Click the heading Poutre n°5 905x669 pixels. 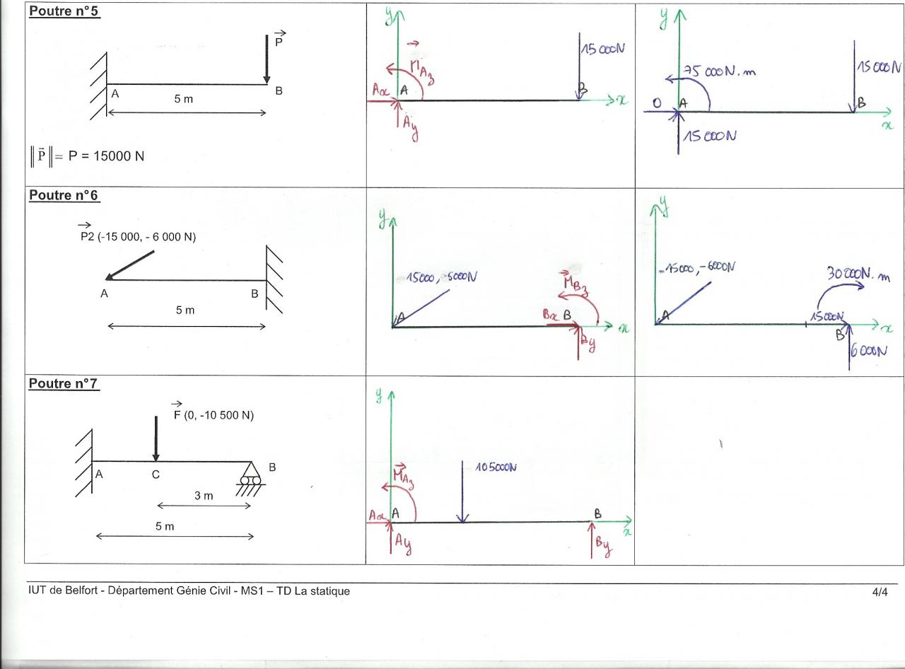click(x=64, y=13)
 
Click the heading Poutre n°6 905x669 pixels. click(x=64, y=195)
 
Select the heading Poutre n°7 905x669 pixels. click(x=63, y=383)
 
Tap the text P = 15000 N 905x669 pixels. click(x=106, y=156)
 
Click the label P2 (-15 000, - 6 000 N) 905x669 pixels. click(x=138, y=237)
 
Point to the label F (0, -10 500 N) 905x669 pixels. click(x=214, y=415)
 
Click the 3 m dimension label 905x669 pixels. click(x=204, y=496)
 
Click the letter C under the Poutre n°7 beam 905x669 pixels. click(x=156, y=475)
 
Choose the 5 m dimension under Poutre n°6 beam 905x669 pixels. click(x=185, y=310)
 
